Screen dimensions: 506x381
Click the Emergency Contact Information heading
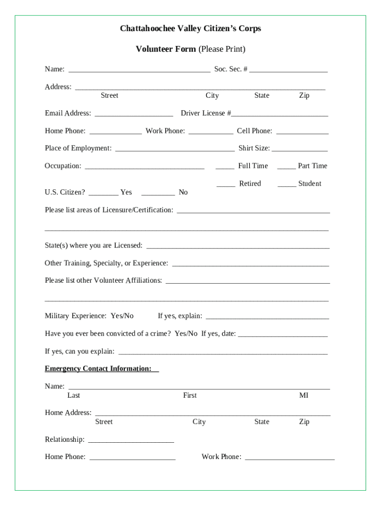point(101,369)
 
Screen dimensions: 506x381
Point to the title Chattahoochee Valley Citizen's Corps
point(190,29)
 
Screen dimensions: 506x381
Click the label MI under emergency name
point(303,395)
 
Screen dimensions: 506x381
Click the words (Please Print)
point(222,49)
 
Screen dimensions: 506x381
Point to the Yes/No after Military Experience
point(122,316)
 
